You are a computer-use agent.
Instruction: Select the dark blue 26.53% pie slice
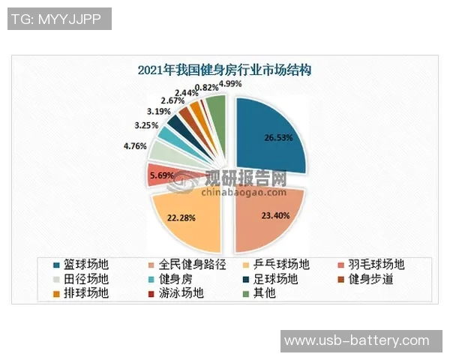click(x=270, y=139)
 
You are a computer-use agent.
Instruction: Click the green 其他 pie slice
click(x=216, y=109)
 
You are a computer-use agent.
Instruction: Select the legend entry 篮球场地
click(x=82, y=265)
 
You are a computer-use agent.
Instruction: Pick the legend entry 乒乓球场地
click(x=282, y=265)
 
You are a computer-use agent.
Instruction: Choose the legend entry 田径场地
click(x=82, y=279)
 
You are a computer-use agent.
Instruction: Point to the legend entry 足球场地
click(x=274, y=279)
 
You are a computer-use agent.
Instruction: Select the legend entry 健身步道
click(x=368, y=279)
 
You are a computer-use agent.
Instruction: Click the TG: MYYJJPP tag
click(x=59, y=19)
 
